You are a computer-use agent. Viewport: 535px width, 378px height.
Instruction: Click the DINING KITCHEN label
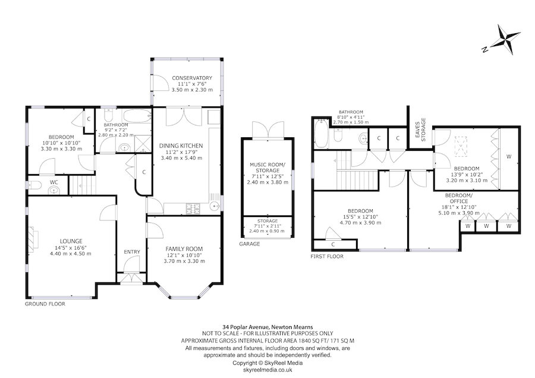tap(181, 146)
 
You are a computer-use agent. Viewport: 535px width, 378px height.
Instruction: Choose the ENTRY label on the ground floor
tap(131, 252)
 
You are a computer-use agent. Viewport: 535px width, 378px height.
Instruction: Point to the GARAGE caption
tap(250, 244)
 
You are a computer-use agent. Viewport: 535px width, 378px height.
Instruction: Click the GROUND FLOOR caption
tap(45, 303)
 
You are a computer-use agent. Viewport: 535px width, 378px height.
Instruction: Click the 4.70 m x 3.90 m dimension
tap(360, 223)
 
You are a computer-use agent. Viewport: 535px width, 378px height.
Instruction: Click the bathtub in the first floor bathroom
tap(320, 134)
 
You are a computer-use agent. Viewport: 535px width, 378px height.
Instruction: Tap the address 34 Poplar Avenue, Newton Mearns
tap(267, 326)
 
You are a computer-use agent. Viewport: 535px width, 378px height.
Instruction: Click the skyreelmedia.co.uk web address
tap(267, 369)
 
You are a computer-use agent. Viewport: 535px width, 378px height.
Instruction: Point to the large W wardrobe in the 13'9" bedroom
tap(509, 157)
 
